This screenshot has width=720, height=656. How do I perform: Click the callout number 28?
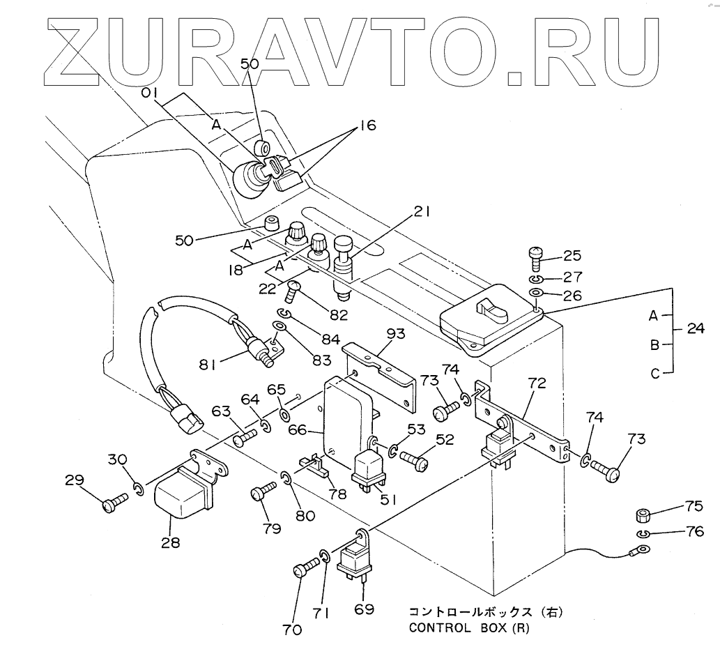(x=169, y=541)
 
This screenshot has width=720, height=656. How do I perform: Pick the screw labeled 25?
(x=536, y=258)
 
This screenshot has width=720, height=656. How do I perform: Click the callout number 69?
(x=363, y=609)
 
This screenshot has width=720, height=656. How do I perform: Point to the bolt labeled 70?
(x=302, y=570)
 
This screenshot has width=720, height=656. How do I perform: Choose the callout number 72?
(x=537, y=383)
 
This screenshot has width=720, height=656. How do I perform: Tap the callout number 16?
(x=367, y=126)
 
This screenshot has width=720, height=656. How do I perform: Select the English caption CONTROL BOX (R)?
(x=468, y=626)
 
